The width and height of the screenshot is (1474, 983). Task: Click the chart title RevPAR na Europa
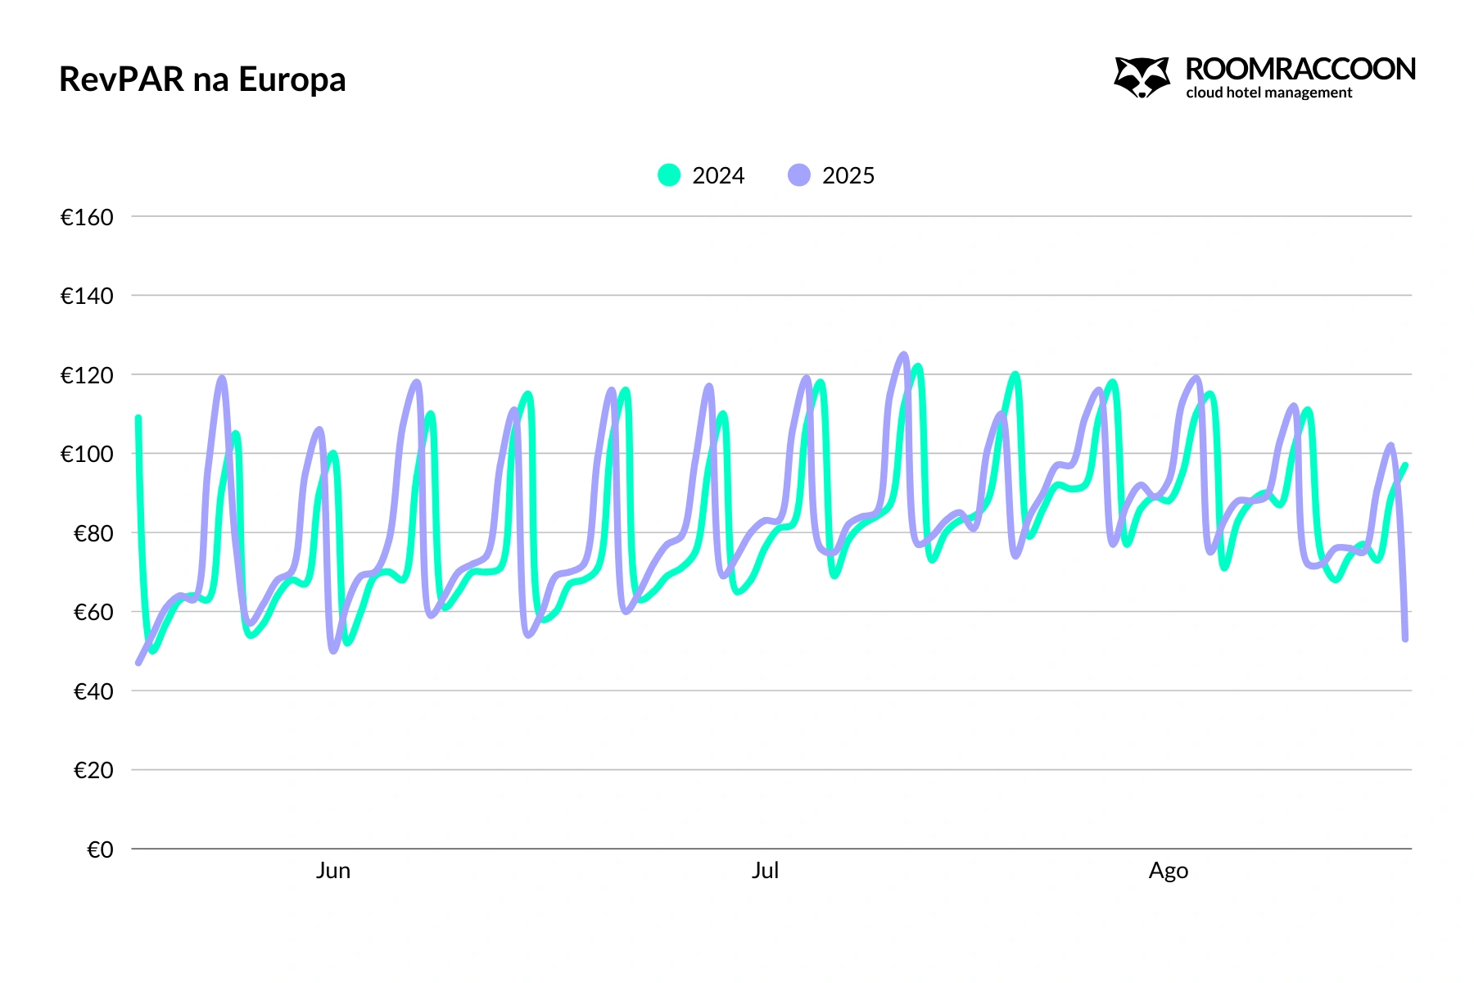tap(202, 79)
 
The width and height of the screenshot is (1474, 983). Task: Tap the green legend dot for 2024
tap(669, 175)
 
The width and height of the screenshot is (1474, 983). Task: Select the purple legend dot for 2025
tap(799, 175)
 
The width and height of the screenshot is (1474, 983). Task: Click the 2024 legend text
tap(718, 175)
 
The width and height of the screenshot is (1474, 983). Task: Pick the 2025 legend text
tap(848, 175)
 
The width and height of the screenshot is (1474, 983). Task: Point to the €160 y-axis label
tap(87, 217)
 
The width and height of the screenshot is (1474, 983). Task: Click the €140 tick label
tap(87, 296)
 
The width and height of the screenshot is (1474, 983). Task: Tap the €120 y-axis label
tap(87, 375)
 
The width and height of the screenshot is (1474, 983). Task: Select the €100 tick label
tap(87, 454)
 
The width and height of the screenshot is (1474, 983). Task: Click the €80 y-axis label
tap(93, 533)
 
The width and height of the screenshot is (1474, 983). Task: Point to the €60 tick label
tap(93, 612)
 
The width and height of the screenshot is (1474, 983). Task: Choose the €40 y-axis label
tap(93, 691)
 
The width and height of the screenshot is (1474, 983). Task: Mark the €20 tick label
tap(93, 770)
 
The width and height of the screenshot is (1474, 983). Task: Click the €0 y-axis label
tap(100, 849)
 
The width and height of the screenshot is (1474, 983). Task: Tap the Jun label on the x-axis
tap(333, 870)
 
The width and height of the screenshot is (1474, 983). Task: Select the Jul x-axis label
tap(765, 870)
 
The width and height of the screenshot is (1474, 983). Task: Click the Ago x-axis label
tap(1168, 870)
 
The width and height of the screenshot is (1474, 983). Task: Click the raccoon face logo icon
tap(1142, 77)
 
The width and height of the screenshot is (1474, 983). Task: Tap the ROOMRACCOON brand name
tap(1300, 69)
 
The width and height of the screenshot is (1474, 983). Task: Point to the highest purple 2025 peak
tap(904, 355)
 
